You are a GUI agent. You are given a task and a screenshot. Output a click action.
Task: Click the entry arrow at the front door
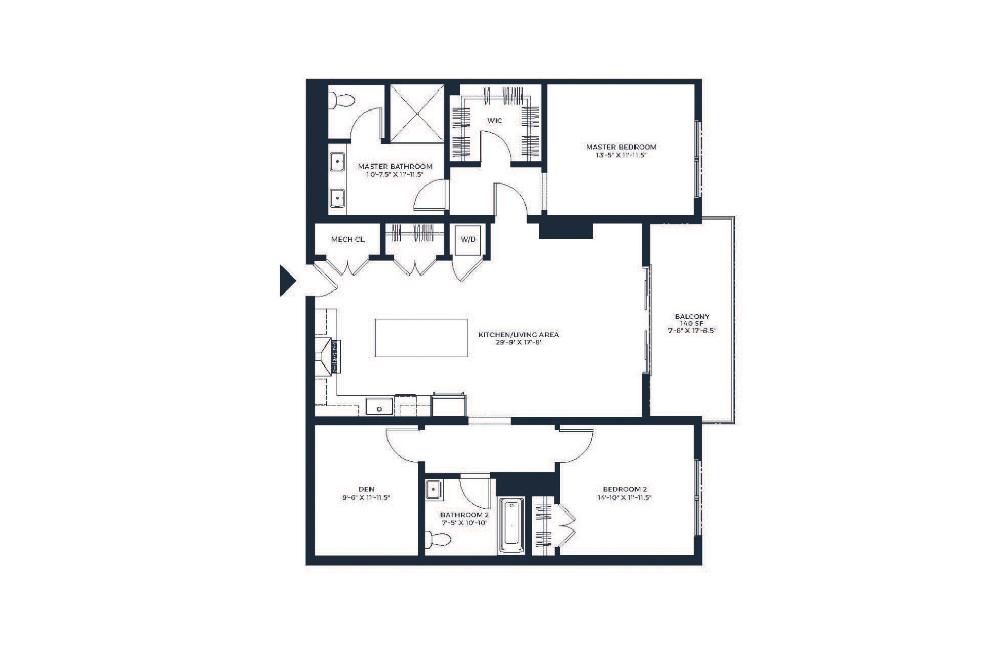point(287,280)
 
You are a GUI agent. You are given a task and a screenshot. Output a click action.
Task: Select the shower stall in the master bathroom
point(416,113)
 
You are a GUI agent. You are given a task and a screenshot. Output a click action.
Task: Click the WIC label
point(495,121)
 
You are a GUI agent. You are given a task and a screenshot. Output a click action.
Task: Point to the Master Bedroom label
point(621,147)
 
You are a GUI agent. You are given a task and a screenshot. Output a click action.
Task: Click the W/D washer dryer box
point(468,240)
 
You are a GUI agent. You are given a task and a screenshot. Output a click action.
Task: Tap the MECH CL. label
point(348,239)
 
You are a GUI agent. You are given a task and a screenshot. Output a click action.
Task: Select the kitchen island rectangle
point(421,338)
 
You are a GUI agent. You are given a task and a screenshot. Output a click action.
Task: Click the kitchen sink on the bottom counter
point(379,407)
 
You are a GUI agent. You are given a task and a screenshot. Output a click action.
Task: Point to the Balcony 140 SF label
point(692,320)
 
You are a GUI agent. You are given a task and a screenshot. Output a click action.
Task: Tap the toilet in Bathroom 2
point(438,539)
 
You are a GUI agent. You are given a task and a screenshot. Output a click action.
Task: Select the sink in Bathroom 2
point(433,489)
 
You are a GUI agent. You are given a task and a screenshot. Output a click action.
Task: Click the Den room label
point(366,489)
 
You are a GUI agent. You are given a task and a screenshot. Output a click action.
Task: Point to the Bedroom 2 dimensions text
point(625,498)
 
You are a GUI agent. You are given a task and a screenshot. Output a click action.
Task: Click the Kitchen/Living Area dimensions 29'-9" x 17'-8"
point(519,342)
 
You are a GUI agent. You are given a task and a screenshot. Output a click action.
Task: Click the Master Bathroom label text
point(395,167)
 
